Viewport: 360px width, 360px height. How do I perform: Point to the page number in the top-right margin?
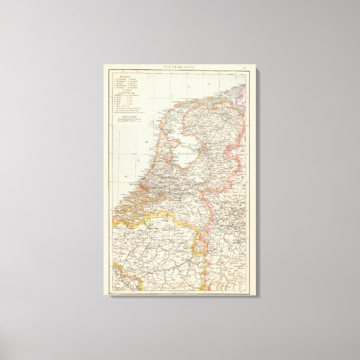point(244,68)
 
